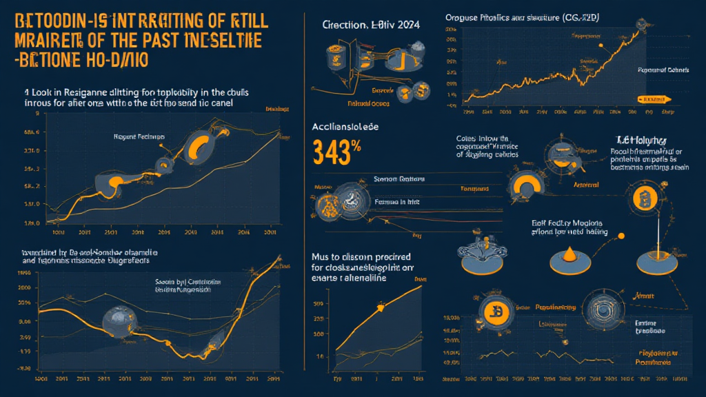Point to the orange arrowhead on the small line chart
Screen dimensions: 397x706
coord(379,310)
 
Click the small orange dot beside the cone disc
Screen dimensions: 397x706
coord(621,236)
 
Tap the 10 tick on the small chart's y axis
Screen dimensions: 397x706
coord(319,356)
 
